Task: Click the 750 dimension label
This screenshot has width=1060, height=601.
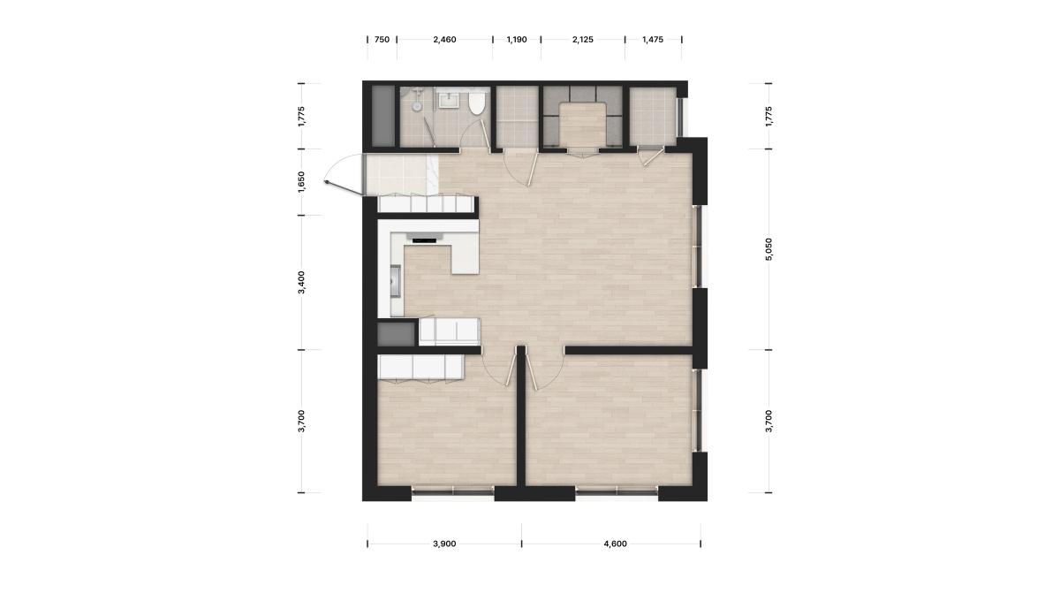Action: click(382, 40)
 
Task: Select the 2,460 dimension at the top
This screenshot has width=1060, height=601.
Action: click(444, 40)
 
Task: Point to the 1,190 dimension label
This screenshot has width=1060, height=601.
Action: click(516, 40)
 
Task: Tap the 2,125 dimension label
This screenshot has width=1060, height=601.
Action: click(582, 40)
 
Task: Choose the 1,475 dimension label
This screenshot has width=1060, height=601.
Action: click(653, 40)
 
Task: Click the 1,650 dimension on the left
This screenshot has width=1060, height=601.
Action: click(301, 182)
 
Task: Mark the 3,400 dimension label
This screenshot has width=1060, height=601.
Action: click(301, 282)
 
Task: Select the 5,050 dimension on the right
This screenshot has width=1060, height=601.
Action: click(768, 249)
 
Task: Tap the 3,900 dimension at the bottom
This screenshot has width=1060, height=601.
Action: click(444, 544)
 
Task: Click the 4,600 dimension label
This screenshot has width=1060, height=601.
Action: click(615, 544)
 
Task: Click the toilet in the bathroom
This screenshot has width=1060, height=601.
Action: click(476, 103)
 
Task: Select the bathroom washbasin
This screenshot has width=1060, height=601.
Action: click(447, 101)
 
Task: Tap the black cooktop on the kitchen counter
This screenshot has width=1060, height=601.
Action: click(424, 240)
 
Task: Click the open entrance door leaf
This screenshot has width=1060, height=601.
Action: click(344, 188)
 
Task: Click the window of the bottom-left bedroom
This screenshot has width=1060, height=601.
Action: click(452, 492)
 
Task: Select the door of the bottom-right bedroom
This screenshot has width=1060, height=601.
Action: click(533, 372)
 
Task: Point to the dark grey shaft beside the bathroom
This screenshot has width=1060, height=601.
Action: click(382, 116)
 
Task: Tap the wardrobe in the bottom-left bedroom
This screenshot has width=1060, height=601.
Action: click(420, 368)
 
